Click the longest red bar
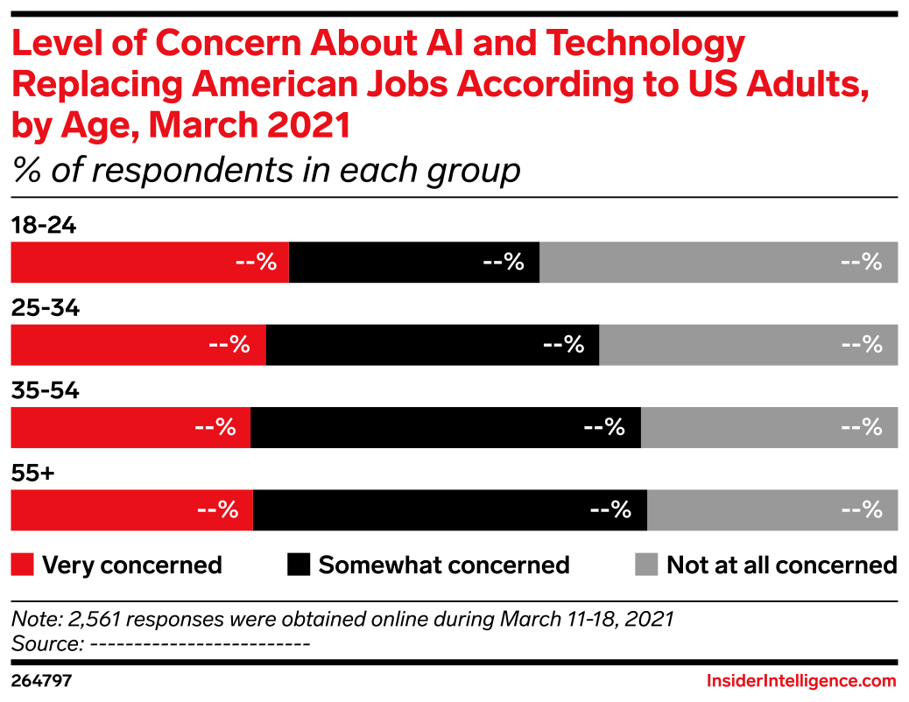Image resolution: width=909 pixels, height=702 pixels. pyautogui.click(x=149, y=263)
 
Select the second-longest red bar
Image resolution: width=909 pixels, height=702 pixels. pyautogui.click(x=137, y=345)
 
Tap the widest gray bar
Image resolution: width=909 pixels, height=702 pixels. pyautogui.click(x=718, y=263)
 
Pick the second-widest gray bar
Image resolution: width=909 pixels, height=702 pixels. pyautogui.click(x=749, y=345)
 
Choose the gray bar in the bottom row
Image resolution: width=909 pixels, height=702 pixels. pyautogui.click(x=772, y=510)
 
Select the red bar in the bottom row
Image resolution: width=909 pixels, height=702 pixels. pyautogui.click(x=131, y=510)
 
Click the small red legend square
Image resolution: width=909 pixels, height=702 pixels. pyautogui.click(x=22, y=565)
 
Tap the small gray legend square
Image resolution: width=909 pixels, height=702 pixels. pyautogui.click(x=646, y=565)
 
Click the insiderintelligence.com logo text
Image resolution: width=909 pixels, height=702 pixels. pyautogui.click(x=801, y=681)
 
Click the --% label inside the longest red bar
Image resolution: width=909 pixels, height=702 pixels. pyautogui.click(x=256, y=262)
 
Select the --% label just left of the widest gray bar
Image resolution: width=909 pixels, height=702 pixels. pyautogui.click(x=503, y=262)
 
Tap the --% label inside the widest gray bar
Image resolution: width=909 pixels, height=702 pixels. pyautogui.click(x=861, y=262)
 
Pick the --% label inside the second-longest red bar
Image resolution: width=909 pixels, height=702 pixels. pyautogui.click(x=229, y=344)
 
